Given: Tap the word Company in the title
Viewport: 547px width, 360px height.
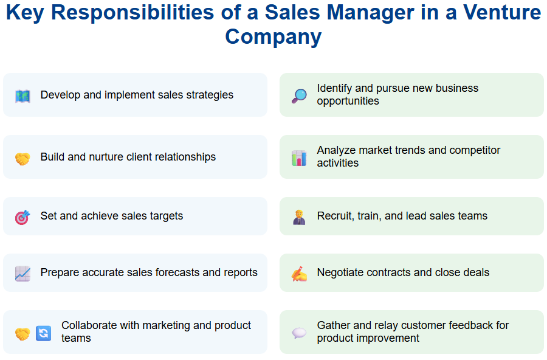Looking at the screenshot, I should (273, 36).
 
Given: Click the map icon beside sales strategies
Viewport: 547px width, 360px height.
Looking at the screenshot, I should (22, 96).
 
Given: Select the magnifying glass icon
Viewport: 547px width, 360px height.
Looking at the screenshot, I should (299, 96).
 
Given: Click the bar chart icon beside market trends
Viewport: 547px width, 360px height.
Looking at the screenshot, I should (299, 158).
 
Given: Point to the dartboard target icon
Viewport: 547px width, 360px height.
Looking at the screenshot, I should (22, 217).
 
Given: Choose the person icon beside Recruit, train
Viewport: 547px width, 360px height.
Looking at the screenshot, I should (299, 217).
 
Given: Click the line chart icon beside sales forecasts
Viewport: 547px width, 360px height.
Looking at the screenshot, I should (22, 274).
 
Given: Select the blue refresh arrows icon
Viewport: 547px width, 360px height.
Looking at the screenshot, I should (43, 333).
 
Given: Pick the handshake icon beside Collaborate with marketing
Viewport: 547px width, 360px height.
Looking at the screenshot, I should (22, 334).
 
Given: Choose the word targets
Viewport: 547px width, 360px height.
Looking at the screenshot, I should (165, 216).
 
